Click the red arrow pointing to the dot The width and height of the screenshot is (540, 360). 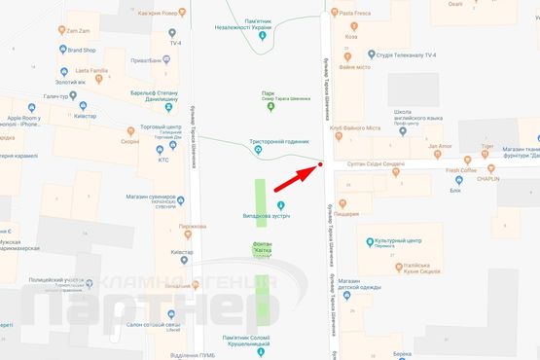point(294,179)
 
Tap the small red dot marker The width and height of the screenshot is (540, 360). point(320,165)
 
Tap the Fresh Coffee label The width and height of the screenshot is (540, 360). point(461,170)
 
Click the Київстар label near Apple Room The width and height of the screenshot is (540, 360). point(86,116)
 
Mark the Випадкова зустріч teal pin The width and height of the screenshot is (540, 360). point(281,204)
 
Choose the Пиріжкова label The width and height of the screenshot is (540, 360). point(193,226)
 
